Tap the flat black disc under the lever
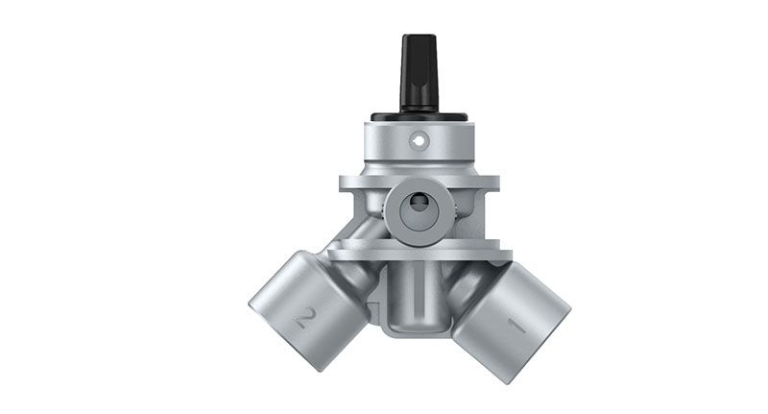pyautogui.click(x=420, y=117)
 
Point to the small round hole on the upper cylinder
pyautogui.click(x=420, y=141)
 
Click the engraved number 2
pyautogui.click(x=304, y=318)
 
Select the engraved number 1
pyautogui.click(x=516, y=327)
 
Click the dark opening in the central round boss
pyautogui.click(x=420, y=204)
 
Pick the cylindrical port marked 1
pyautogui.click(x=511, y=323)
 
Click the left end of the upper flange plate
pyautogui.click(x=342, y=183)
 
